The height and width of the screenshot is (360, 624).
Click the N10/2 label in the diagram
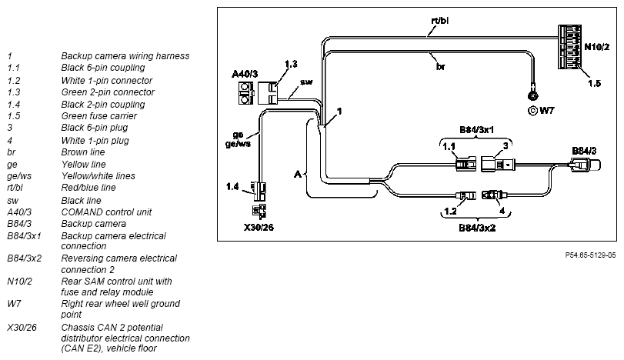pyautogui.click(x=596, y=47)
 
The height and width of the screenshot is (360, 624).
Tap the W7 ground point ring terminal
pyautogui.click(x=532, y=96)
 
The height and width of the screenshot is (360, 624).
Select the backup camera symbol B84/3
pyautogui.click(x=584, y=165)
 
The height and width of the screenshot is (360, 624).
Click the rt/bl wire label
pyautogui.click(x=440, y=20)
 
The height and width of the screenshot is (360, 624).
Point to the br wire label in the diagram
pyautogui.click(x=441, y=66)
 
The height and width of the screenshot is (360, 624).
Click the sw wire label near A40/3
pyautogui.click(x=306, y=82)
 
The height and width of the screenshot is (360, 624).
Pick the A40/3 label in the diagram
pyautogui.click(x=245, y=74)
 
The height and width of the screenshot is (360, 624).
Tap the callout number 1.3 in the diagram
pyautogui.click(x=291, y=64)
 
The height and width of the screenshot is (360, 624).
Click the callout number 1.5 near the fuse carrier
pyautogui.click(x=594, y=83)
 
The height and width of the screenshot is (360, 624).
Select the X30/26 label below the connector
pyautogui.click(x=259, y=228)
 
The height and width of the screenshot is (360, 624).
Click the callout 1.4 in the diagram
pyautogui.click(x=232, y=186)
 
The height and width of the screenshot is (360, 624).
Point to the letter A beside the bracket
pyautogui.click(x=298, y=174)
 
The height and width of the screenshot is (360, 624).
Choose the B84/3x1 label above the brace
pyautogui.click(x=476, y=130)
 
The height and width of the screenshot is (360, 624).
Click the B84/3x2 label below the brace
pyautogui.click(x=477, y=228)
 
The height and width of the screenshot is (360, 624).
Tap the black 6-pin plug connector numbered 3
pyautogui.click(x=498, y=164)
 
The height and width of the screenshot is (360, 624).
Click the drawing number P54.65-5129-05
pyautogui.click(x=590, y=255)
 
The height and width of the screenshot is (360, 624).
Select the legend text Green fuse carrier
pyautogui.click(x=98, y=115)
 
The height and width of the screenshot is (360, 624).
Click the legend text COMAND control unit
pyautogui.click(x=106, y=212)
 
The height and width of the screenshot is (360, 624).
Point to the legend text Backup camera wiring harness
pyautogui.click(x=125, y=56)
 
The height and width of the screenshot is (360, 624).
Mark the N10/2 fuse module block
pyautogui.click(x=569, y=47)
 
